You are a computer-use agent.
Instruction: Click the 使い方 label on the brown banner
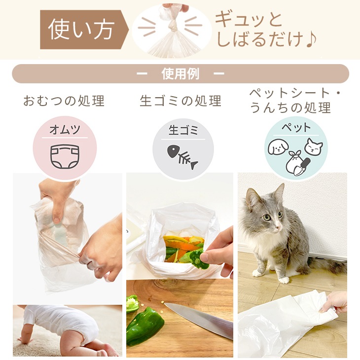point(81,30)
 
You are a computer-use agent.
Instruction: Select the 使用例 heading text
point(180,73)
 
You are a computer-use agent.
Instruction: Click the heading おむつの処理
point(64,101)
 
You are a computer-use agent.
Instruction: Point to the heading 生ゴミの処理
point(180,101)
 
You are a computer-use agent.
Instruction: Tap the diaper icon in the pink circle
point(65,157)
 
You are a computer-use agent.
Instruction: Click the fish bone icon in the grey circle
point(182,157)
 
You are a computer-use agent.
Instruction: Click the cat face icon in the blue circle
point(313,146)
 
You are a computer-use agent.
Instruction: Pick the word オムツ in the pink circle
point(65,130)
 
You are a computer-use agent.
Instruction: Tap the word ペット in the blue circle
point(296,127)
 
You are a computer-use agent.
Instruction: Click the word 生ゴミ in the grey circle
point(183,130)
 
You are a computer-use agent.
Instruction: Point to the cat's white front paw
point(284,280)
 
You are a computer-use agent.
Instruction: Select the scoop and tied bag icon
point(297,163)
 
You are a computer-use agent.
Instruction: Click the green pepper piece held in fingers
point(199,259)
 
